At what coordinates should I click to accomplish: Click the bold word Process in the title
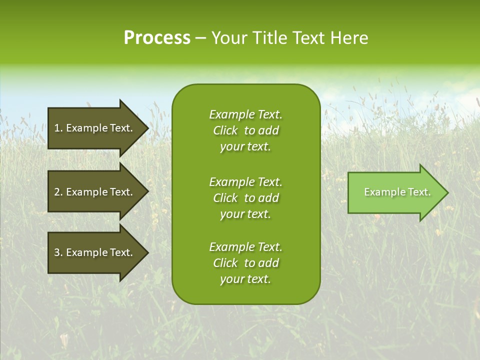tap(157, 37)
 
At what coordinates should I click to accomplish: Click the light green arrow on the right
tap(395, 192)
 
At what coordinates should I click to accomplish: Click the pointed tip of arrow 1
tap(147, 128)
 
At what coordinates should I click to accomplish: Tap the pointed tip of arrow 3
tap(147, 252)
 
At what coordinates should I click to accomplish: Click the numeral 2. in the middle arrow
tap(58, 192)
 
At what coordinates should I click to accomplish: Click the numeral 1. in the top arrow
tap(58, 128)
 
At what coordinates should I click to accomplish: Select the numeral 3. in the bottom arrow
tap(58, 252)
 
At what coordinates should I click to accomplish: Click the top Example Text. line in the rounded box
tap(245, 114)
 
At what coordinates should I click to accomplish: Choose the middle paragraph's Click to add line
tap(245, 198)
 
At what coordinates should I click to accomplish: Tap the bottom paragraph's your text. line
tap(245, 279)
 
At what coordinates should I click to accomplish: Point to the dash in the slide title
tap(200, 38)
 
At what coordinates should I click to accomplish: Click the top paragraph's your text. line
tap(245, 146)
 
